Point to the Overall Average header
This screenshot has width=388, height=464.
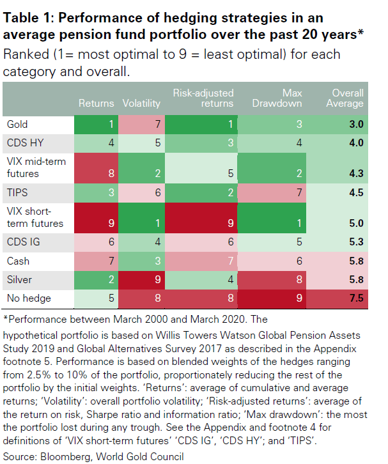pyautogui.click(x=348, y=98)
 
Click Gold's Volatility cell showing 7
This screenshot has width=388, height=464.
pyautogui.click(x=137, y=124)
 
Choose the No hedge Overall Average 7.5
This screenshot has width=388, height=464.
pyautogui.click(x=348, y=298)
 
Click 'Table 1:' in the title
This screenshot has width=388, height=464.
pyautogui.click(x=27, y=17)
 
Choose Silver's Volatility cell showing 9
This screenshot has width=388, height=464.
pyautogui.click(x=137, y=279)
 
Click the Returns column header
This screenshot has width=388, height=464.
pyautogui.click(x=96, y=103)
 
